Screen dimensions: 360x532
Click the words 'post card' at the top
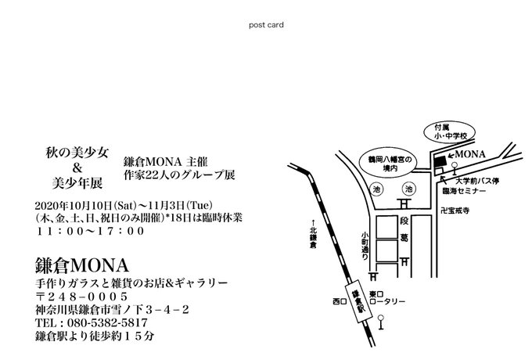pyautogui.click(x=266, y=24)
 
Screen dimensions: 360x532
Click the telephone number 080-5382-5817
pyautogui.click(x=92, y=322)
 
